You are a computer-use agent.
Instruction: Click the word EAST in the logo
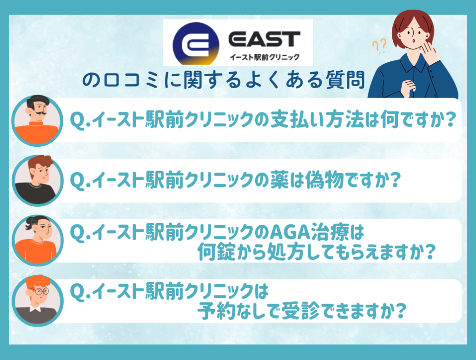tap(264, 39)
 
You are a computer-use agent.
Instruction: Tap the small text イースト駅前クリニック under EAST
tap(264, 57)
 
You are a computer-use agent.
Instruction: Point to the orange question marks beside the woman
tap(379, 46)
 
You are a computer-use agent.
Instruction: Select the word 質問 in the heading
tap(345, 80)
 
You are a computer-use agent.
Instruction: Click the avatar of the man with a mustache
tap(37, 120)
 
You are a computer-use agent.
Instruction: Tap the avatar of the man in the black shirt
tap(38, 180)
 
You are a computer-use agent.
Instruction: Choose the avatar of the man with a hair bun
tap(38, 241)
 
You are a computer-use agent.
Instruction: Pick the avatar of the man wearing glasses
tap(38, 301)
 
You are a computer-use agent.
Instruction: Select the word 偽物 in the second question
tap(324, 180)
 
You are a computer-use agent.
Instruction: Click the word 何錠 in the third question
tap(217, 251)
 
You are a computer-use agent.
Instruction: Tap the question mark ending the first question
tap(450, 119)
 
